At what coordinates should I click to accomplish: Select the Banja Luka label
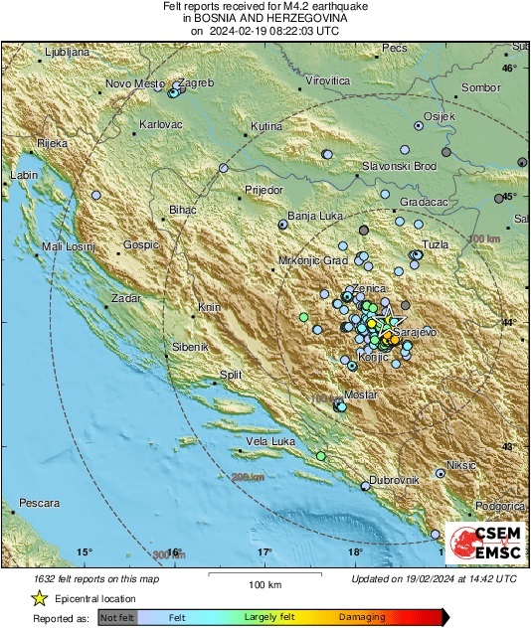click(x=314, y=216)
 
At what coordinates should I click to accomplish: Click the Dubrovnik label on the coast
click(x=397, y=480)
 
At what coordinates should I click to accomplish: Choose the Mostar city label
click(x=361, y=394)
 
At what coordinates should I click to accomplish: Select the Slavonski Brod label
click(x=398, y=166)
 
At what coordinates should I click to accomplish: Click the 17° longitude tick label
click(x=265, y=551)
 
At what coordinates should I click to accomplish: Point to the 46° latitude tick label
click(x=509, y=69)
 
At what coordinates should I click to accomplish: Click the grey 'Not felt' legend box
click(x=116, y=617)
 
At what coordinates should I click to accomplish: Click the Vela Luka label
click(x=270, y=440)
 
